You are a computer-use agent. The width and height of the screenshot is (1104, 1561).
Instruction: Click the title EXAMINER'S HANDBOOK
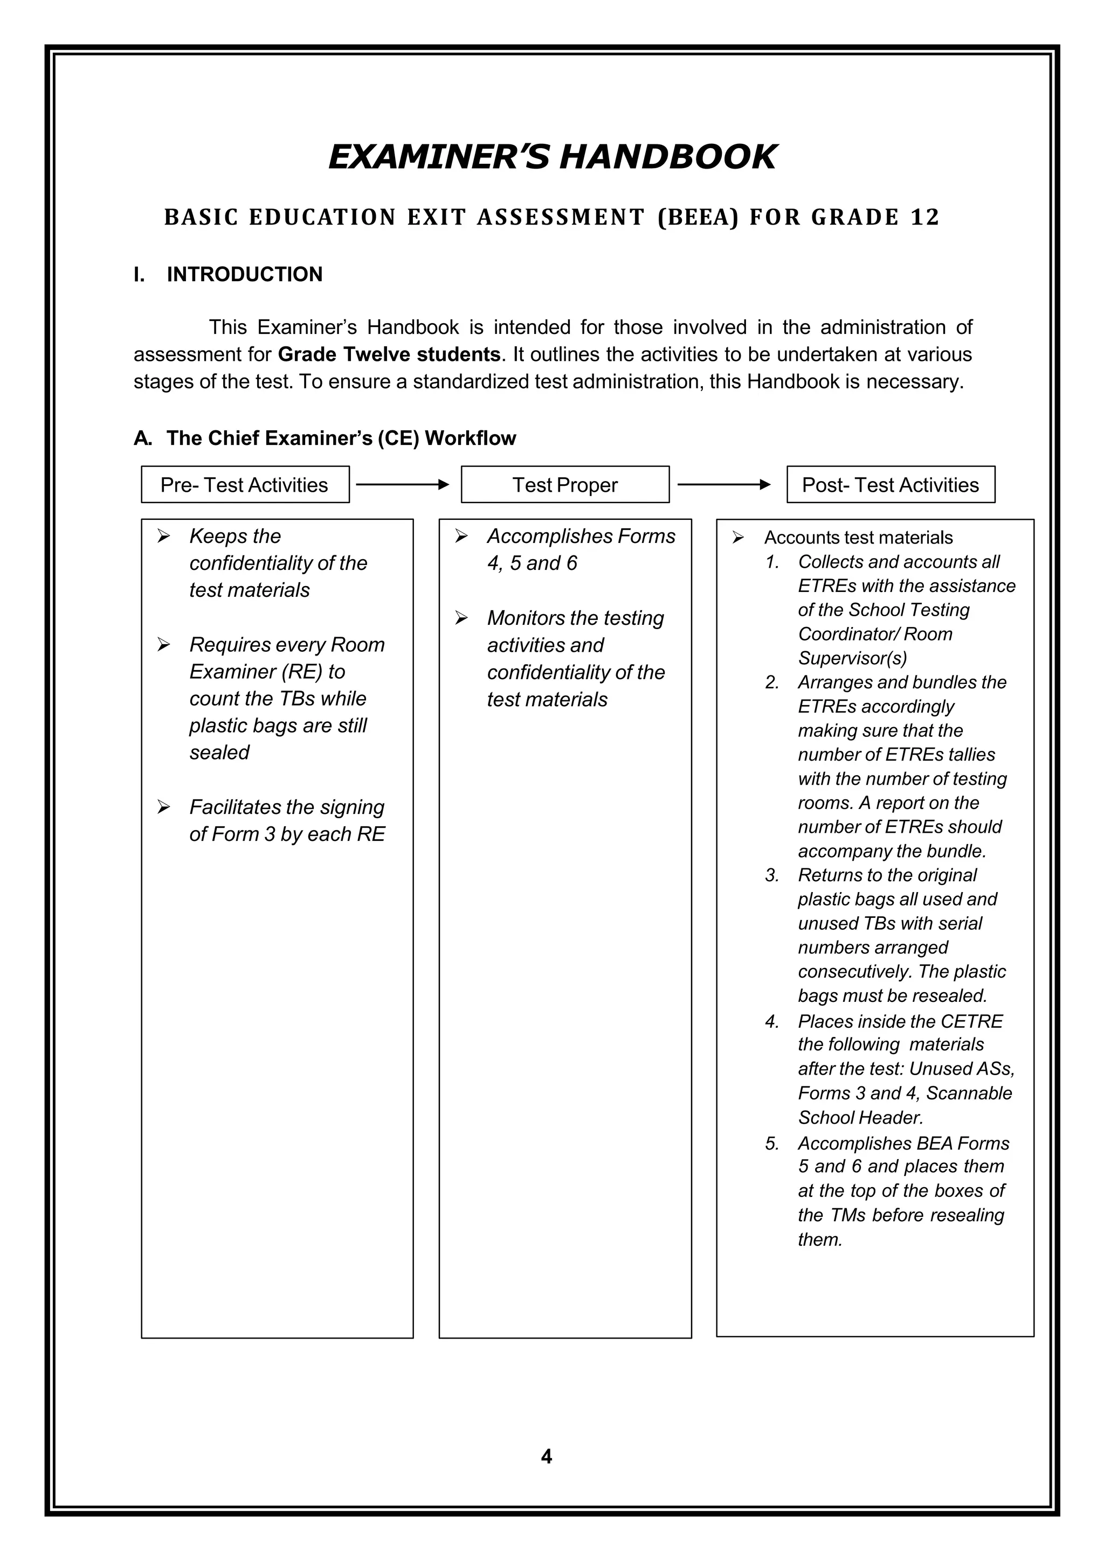pyautogui.click(x=551, y=157)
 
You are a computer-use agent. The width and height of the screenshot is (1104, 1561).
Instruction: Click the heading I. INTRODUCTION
pyautogui.click(x=228, y=274)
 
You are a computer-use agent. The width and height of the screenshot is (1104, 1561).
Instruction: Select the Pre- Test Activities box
pyautogui.click(x=245, y=485)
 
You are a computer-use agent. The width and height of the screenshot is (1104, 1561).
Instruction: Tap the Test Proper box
pyautogui.click(x=564, y=485)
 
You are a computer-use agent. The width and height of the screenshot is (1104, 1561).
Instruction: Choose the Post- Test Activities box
pyautogui.click(x=890, y=485)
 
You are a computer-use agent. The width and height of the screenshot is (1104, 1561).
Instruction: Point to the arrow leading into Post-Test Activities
pyautogui.click(x=724, y=485)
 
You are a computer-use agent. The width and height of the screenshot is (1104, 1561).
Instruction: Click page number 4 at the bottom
pyautogui.click(x=546, y=1457)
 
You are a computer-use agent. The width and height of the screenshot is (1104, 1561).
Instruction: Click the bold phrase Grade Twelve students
pyautogui.click(x=389, y=354)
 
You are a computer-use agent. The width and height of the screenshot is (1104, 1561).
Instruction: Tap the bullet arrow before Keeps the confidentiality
pyautogui.click(x=163, y=536)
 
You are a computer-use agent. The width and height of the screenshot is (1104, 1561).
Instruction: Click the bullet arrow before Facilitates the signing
pyautogui.click(x=163, y=807)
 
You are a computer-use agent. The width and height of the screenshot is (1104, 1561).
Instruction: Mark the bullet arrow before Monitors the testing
pyautogui.click(x=461, y=618)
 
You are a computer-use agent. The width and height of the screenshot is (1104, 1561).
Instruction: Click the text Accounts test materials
pyautogui.click(x=858, y=537)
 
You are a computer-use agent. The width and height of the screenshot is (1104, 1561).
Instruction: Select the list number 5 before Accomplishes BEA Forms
pyautogui.click(x=771, y=1144)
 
